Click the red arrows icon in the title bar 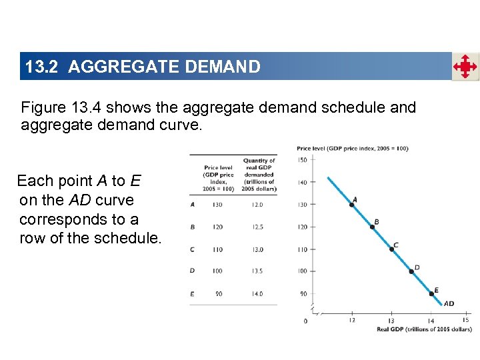coord(465,67)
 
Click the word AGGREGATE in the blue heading coord(111,67)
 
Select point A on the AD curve coord(351,204)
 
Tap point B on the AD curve coord(372,227)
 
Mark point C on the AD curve coord(391,249)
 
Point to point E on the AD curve coord(431,294)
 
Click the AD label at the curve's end coord(449,304)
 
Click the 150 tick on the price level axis coord(302,160)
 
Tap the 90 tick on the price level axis coord(303,294)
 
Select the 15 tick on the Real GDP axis coord(465,320)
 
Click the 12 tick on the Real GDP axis coord(351,321)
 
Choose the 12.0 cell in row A coord(257,205)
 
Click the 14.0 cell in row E coord(257,294)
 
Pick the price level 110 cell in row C coord(218,249)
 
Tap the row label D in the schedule coord(193,271)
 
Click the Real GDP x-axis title coord(424,329)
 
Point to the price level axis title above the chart coord(353,148)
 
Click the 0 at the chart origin coord(305,321)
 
